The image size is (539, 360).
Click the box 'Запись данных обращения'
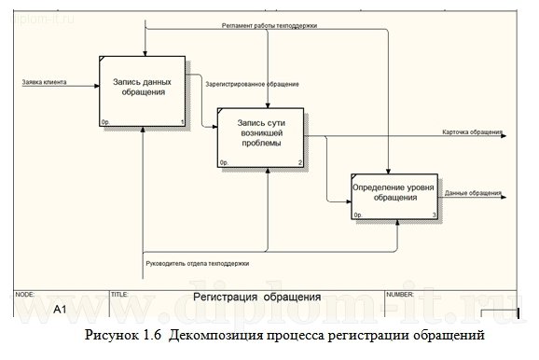pyautogui.click(x=143, y=90)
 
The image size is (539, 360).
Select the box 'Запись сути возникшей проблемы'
pyautogui.click(x=262, y=137)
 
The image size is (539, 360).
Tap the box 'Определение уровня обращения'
pyautogui.click(x=395, y=196)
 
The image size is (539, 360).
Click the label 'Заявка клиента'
pyautogui.click(x=44, y=83)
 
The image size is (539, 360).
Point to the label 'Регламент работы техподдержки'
pyautogui.click(x=269, y=26)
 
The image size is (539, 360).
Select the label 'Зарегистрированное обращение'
pyautogui.click(x=252, y=85)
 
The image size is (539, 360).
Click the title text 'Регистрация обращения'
pyautogui.click(x=256, y=298)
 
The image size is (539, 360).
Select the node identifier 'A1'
pyautogui.click(x=60, y=308)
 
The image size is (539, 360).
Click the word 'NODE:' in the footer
pyautogui.click(x=25, y=294)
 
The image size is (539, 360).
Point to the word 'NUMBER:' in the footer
pyautogui.click(x=399, y=294)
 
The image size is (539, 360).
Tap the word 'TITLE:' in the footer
pyautogui.click(x=118, y=294)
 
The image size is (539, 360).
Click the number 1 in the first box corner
pyautogui.click(x=183, y=122)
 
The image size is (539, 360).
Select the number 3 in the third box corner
pyautogui.click(x=434, y=216)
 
